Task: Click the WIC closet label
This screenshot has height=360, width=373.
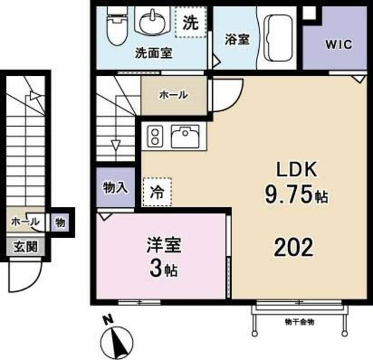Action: (x=337, y=45)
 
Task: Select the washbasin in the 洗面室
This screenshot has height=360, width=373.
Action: (x=152, y=21)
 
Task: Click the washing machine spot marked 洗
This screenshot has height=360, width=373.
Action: (x=191, y=23)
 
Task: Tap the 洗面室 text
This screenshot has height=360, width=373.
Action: (x=153, y=53)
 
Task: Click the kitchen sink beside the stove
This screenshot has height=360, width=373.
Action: (x=185, y=136)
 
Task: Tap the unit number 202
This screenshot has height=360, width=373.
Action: (x=294, y=249)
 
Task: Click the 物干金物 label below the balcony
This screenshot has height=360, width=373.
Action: (x=300, y=322)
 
